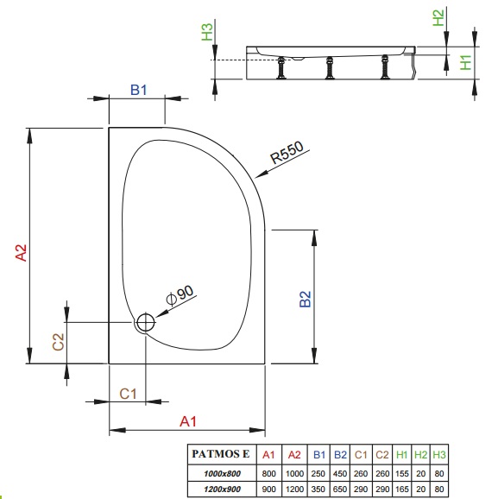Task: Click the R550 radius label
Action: click(287, 153)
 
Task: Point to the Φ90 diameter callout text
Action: click(180, 295)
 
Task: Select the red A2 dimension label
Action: click(22, 253)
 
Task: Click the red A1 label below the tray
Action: click(188, 421)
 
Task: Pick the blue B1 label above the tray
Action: click(139, 90)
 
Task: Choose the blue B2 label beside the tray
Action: click(306, 299)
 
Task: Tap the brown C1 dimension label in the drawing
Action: click(128, 394)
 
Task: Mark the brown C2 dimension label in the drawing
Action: click(58, 342)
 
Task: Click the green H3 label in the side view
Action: click(207, 32)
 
